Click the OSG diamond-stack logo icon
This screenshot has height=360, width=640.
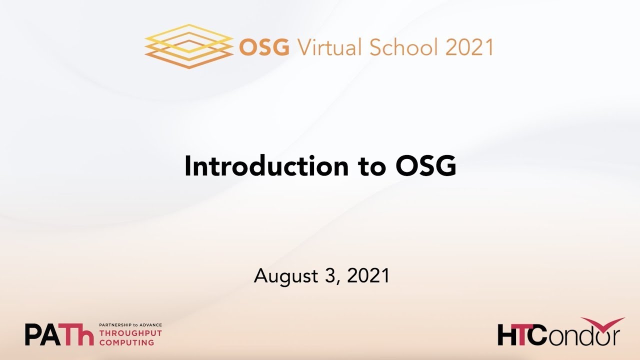(189, 46)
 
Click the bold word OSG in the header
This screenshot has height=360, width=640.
(264, 47)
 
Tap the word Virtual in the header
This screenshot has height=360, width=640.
(330, 47)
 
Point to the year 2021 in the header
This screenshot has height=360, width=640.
(469, 47)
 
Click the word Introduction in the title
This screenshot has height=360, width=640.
(265, 167)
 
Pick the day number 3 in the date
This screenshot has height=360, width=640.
(334, 275)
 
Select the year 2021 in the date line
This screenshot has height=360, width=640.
(367, 275)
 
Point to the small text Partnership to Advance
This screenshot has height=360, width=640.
(131, 325)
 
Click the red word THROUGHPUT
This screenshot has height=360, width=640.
(131, 333)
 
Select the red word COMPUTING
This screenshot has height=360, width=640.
(127, 342)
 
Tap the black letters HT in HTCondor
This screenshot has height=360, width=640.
(513, 335)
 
